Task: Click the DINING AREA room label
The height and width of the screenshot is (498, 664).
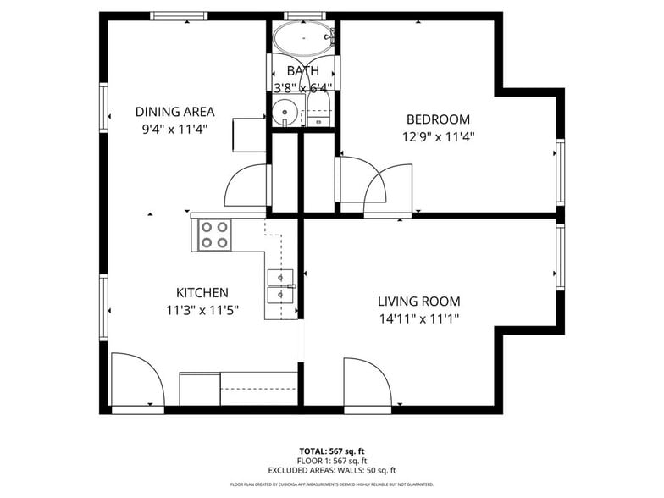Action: [x=175, y=111]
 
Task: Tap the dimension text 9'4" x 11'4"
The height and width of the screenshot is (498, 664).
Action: [x=175, y=129]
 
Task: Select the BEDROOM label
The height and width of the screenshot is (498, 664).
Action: [x=438, y=119]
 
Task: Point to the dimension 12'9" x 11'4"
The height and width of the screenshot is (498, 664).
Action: [x=438, y=136]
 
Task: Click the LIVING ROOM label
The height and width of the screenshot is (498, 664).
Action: [x=418, y=301]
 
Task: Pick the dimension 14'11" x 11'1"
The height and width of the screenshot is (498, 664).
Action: [x=418, y=319]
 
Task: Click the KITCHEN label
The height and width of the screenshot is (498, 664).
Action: [x=202, y=292]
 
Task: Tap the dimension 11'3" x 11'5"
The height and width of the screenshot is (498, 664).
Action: [x=202, y=310]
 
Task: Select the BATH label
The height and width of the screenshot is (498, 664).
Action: [x=302, y=70]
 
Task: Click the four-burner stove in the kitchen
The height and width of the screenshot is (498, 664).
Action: [x=214, y=235]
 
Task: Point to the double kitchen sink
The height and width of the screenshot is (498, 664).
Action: [x=280, y=286]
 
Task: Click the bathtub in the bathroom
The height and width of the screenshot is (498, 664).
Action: [x=303, y=37]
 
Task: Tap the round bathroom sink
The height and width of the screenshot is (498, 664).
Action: [x=286, y=110]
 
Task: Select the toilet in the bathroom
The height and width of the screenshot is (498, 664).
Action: [x=319, y=110]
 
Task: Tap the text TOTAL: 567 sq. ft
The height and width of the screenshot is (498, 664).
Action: [x=332, y=451]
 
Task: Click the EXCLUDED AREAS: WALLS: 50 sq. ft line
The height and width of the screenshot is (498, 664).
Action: [x=332, y=470]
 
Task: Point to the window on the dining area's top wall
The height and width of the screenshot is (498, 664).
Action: [x=179, y=15]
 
